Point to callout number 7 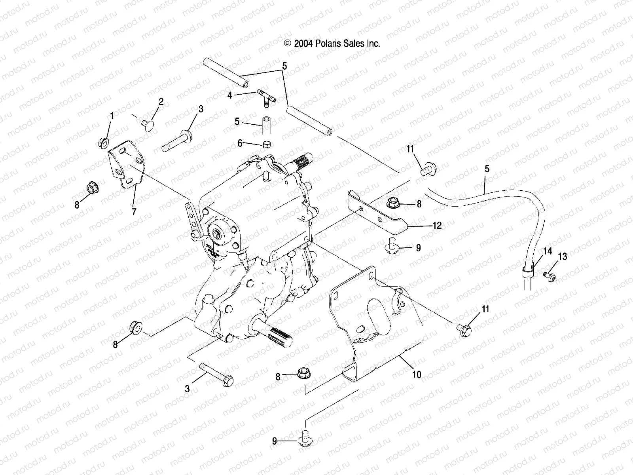pos(134,212)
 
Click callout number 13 pos(562,256)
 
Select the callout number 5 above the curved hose pos(487,169)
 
